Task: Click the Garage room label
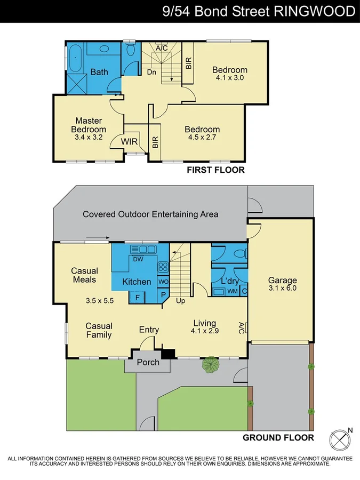282,281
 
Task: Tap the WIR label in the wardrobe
130,141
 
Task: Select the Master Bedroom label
89,125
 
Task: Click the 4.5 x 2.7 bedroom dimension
202,138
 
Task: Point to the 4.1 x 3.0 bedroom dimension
230,78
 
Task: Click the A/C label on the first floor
162,48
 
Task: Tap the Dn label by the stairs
151,72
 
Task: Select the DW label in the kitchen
138,260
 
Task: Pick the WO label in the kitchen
163,281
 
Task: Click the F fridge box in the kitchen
138,297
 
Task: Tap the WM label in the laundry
233,291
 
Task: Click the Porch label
148,363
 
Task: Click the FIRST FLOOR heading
215,171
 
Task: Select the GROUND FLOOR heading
278,438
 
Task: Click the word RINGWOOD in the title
315,11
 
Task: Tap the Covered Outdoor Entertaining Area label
150,214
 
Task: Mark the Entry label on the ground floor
149,330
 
